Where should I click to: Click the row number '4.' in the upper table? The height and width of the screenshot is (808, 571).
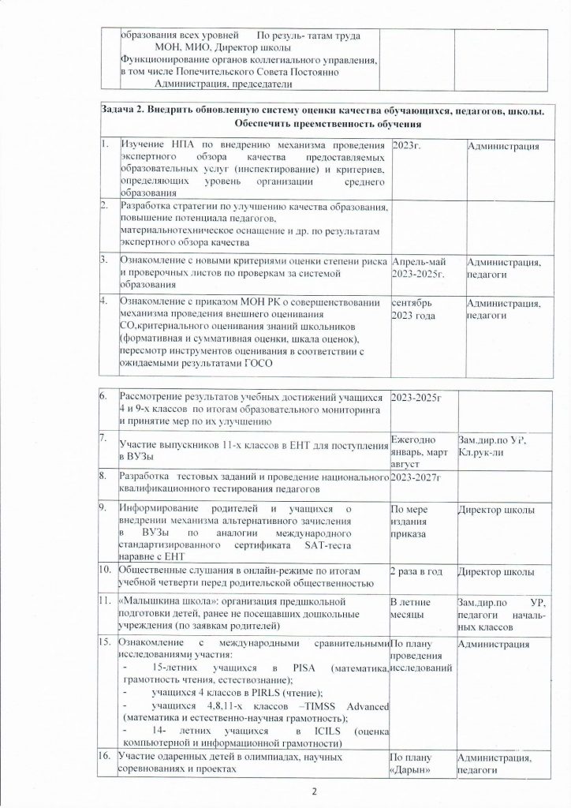point(105,301)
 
